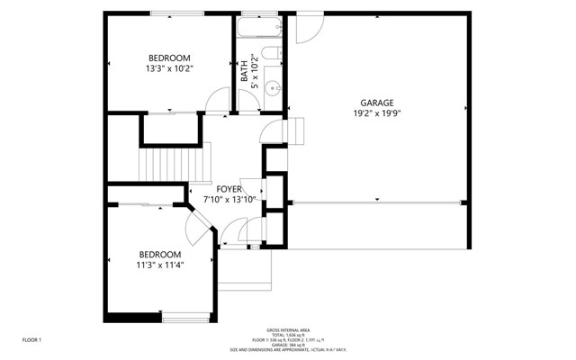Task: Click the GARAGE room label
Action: tap(378, 103)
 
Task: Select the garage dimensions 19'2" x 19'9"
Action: tap(378, 113)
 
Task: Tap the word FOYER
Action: tap(229, 188)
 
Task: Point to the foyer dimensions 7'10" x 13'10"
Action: tap(229, 199)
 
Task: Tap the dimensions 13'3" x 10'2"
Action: tap(170, 68)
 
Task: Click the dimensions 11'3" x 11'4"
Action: tap(160, 265)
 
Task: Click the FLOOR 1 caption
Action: tap(32, 339)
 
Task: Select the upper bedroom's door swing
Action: tap(217, 102)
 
